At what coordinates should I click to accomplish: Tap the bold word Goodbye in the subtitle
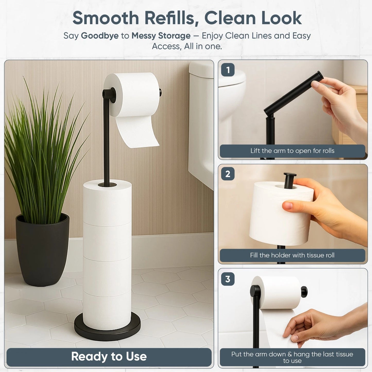pyautogui.click(x=100, y=36)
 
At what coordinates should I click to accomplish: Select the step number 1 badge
pyautogui.click(x=228, y=70)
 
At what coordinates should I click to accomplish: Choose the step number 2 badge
pyautogui.click(x=228, y=174)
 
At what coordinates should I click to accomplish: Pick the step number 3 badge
pyautogui.click(x=228, y=279)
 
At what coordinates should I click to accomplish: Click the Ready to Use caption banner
pyautogui.click(x=109, y=357)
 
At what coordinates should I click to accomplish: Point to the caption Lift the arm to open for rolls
pyautogui.click(x=292, y=151)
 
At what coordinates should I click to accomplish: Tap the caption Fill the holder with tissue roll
pyautogui.click(x=292, y=255)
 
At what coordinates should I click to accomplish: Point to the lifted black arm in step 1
pyautogui.click(x=291, y=94)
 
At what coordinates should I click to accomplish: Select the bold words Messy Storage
pyautogui.click(x=161, y=36)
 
